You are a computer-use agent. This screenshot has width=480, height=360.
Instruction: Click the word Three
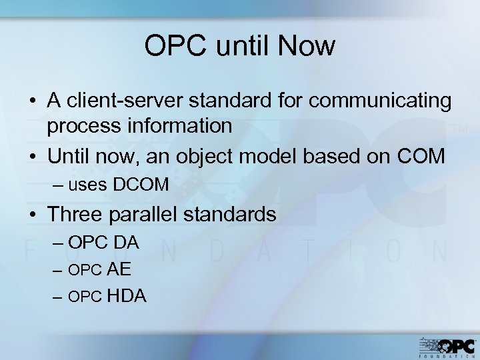pos(75,214)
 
